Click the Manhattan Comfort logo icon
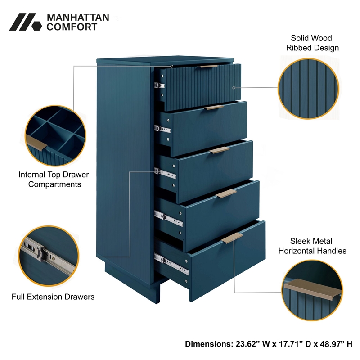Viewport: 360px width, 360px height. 25,22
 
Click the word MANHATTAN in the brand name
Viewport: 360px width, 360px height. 78,18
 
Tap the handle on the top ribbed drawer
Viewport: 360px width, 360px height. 209,66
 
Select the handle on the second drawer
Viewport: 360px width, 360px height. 213,108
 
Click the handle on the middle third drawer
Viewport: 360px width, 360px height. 220,150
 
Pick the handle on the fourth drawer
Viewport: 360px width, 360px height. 226,193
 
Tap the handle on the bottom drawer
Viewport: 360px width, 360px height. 232,238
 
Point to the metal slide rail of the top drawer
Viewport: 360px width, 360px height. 159,85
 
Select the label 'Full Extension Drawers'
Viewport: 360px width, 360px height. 53,297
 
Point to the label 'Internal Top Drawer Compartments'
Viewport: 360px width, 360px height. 54,179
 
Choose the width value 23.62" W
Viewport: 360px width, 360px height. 251,344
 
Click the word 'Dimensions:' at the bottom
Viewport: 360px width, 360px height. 208,344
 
